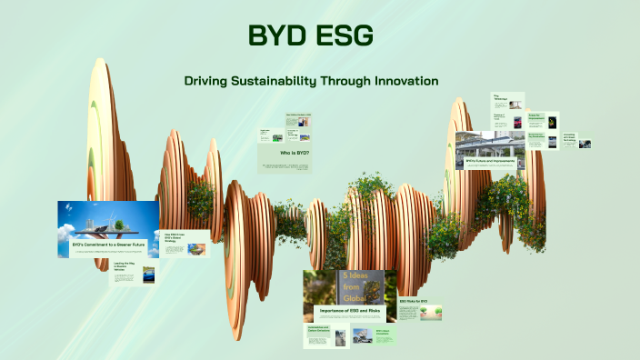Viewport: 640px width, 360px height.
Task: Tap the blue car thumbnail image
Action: coord(148,275)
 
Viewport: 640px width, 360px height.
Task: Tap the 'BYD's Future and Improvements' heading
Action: coord(491,161)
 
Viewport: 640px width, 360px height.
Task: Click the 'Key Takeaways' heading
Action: coord(499,97)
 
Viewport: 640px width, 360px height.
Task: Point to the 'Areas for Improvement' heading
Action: coord(535,117)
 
